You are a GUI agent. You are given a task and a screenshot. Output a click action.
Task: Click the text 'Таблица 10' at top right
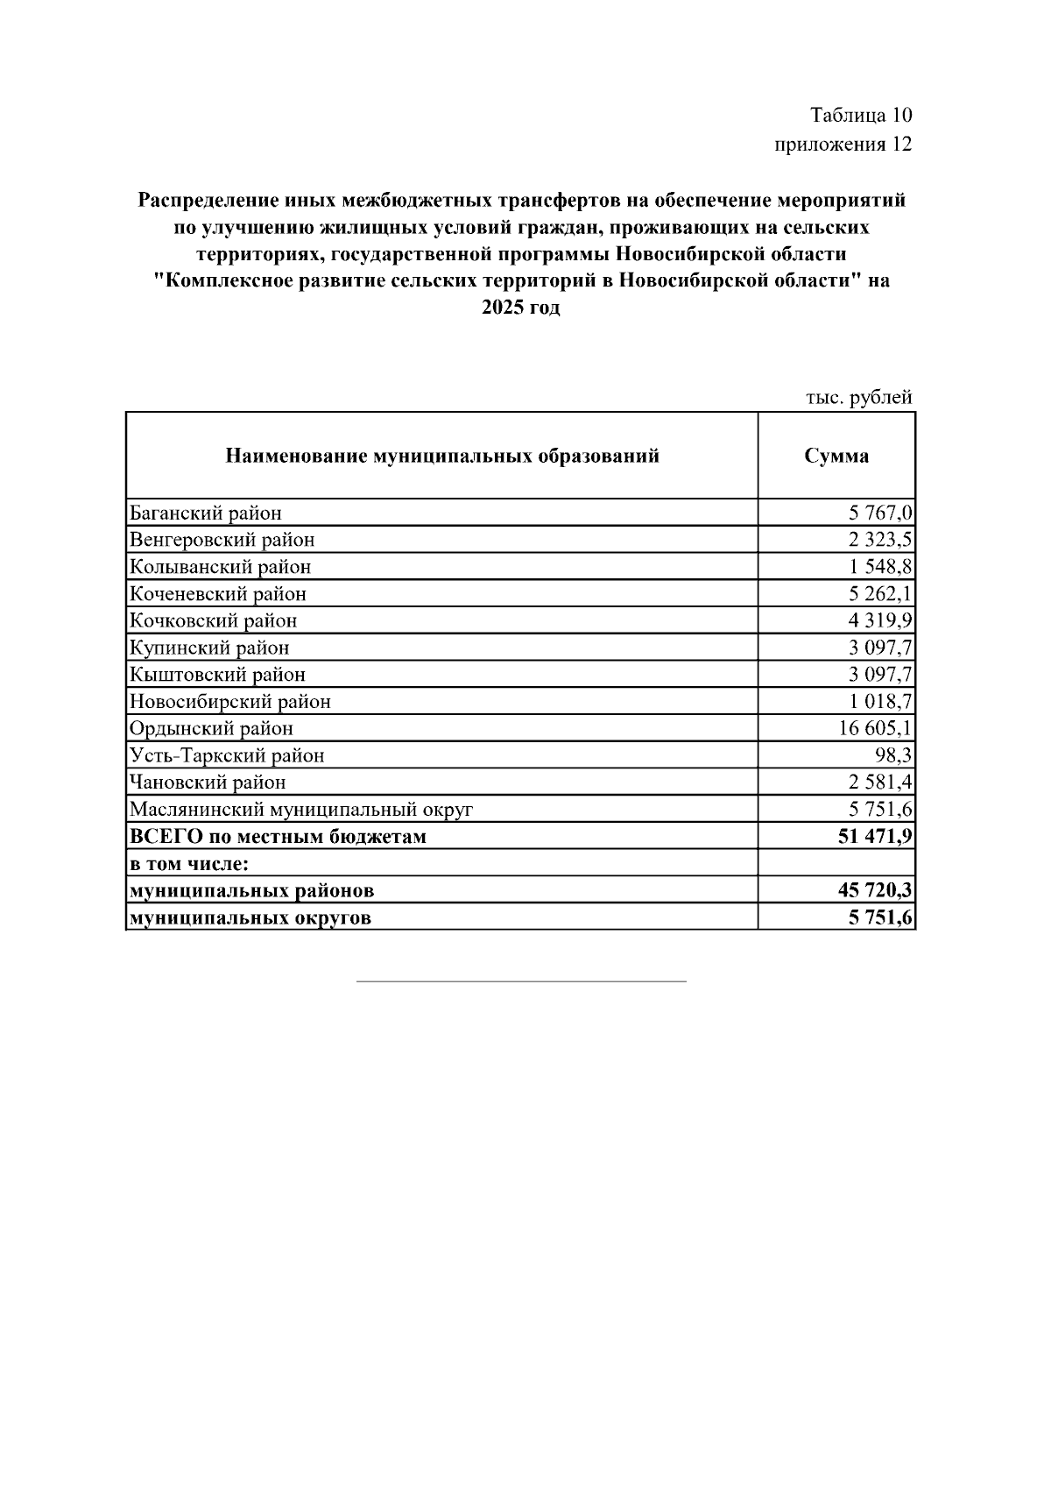click(861, 116)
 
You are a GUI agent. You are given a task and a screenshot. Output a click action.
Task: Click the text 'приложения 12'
click(843, 144)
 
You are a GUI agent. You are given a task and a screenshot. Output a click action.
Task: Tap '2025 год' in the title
click(520, 308)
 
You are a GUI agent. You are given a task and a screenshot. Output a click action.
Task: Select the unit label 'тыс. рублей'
click(858, 398)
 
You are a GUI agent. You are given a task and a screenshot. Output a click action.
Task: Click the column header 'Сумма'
click(836, 456)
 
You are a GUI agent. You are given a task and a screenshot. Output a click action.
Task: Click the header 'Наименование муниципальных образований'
click(442, 456)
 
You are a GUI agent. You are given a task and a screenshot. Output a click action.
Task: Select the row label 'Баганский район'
click(206, 513)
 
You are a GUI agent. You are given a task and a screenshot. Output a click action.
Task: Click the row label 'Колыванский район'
click(220, 567)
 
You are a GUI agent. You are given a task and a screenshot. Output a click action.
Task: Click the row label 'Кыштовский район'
click(217, 675)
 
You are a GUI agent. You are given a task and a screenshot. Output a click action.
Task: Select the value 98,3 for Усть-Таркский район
click(893, 755)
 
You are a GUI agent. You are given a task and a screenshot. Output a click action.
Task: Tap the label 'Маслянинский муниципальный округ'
click(301, 810)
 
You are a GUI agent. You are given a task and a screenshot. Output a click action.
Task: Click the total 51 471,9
click(875, 836)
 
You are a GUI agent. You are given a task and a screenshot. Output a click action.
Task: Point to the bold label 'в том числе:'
click(189, 864)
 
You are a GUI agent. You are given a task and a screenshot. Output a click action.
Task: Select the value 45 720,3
click(875, 891)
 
